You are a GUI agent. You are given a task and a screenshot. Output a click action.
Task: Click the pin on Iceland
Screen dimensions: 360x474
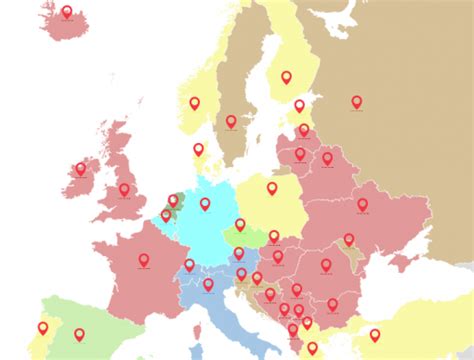(x=67, y=13)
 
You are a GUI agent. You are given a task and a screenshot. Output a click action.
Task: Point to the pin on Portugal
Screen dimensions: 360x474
(x=43, y=328)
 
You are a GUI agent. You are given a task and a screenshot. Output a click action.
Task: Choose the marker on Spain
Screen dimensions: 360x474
(x=79, y=335)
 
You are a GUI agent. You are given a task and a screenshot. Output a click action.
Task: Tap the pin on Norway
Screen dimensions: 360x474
(x=195, y=103)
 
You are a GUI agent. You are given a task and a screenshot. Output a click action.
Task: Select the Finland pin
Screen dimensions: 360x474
(x=286, y=77)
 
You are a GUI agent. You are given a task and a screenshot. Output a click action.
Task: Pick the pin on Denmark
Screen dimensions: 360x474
(x=198, y=150)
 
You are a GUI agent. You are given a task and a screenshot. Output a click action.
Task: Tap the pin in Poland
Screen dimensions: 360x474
(x=271, y=188)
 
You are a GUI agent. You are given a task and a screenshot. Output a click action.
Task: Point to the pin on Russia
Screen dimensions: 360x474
(x=356, y=102)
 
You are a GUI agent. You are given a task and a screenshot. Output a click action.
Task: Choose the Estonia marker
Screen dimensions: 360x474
(x=299, y=106)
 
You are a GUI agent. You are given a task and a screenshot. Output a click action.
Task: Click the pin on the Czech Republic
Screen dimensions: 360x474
(x=240, y=225)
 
